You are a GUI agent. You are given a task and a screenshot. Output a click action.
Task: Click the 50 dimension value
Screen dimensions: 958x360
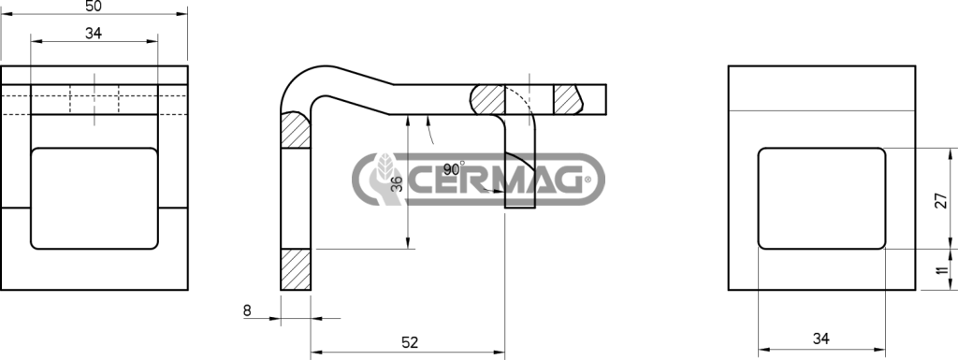tap(94, 7)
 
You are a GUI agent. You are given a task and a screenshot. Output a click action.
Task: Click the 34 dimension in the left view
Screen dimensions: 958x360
tap(94, 34)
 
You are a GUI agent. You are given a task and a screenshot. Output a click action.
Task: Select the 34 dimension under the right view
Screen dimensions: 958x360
tap(821, 338)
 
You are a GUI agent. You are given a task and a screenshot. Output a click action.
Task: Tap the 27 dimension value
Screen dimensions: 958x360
tap(941, 200)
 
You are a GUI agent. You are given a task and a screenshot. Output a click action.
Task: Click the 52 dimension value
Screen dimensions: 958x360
tap(410, 342)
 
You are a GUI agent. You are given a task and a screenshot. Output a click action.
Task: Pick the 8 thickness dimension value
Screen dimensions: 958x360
tap(247, 310)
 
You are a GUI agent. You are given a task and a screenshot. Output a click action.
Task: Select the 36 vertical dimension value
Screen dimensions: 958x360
tap(397, 184)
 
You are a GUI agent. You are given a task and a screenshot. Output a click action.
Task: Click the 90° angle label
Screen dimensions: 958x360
tap(454, 169)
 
